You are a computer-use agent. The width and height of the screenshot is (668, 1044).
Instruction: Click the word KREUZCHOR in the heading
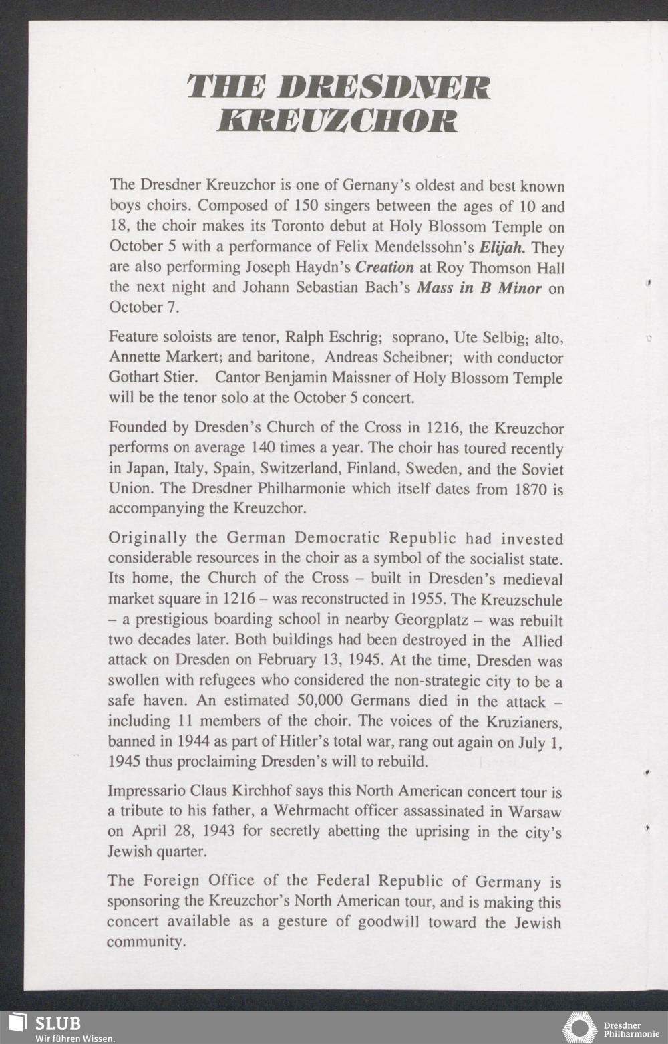point(337,120)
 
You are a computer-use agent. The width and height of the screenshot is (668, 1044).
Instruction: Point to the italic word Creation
point(384,267)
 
